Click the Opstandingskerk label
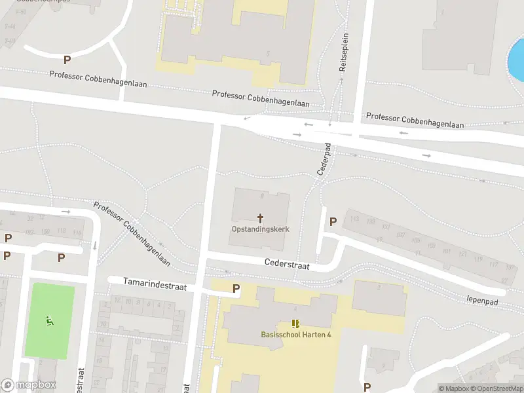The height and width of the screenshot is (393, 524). (x=260, y=229)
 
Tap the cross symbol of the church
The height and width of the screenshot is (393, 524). (x=260, y=218)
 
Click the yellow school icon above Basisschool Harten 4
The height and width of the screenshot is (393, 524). (x=295, y=324)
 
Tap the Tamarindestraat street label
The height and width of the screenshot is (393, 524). (x=156, y=284)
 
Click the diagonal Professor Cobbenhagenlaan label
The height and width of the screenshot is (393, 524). (x=132, y=234)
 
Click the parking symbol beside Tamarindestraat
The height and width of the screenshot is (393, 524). (x=236, y=288)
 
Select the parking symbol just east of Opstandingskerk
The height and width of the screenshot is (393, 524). (x=333, y=221)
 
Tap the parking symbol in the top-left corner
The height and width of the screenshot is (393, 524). (x=67, y=60)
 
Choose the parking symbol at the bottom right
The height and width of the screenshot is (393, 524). (x=367, y=386)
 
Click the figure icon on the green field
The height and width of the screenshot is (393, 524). (x=49, y=321)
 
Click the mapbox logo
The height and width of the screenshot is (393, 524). (x=28, y=385)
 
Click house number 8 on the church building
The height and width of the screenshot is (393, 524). (x=262, y=195)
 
